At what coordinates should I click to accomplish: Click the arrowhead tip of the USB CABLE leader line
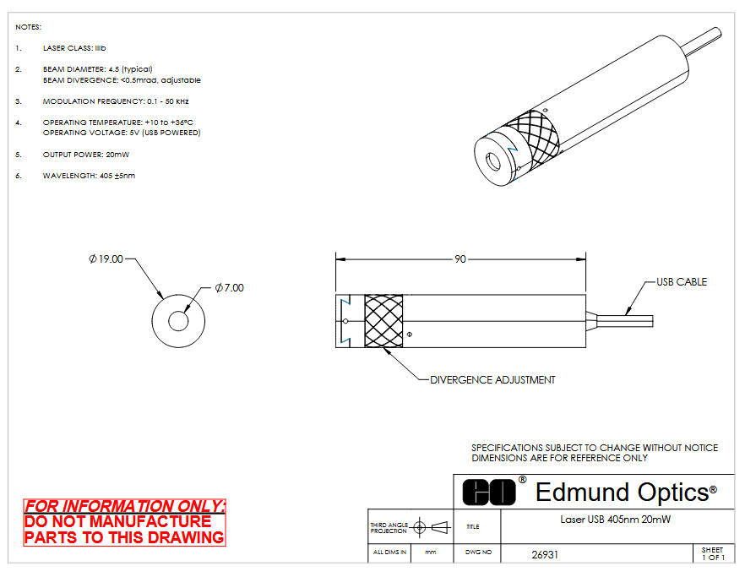click(x=626, y=315)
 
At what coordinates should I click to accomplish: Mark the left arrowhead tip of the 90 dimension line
click(x=336, y=259)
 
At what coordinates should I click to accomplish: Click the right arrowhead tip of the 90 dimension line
click(x=585, y=259)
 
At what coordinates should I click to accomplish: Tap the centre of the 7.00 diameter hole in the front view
click(x=178, y=321)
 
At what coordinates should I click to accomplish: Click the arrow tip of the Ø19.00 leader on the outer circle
click(x=164, y=299)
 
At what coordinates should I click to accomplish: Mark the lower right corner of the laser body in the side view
click(x=585, y=347)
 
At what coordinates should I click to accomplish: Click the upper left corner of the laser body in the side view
click(x=336, y=295)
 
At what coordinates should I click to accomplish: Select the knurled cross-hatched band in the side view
click(x=383, y=321)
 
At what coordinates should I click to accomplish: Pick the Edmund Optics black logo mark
click(x=489, y=492)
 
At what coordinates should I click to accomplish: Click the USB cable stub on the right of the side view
click(x=620, y=321)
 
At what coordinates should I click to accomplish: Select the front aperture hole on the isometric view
click(x=492, y=162)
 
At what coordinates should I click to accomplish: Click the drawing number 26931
click(x=545, y=555)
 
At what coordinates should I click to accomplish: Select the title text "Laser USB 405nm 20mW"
click(x=615, y=520)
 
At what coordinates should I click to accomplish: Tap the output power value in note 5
click(x=117, y=155)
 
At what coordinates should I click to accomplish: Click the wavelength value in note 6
click(x=117, y=176)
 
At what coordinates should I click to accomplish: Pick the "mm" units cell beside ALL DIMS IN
click(x=431, y=553)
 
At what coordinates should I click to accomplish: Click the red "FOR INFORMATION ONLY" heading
click(x=124, y=506)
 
